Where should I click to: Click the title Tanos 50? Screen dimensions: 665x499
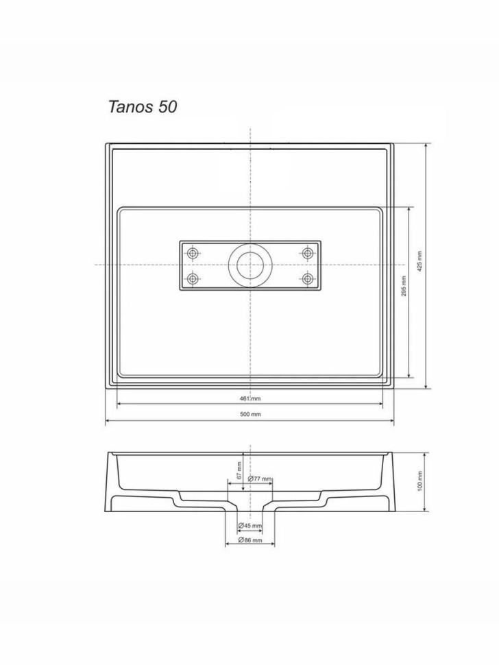coord(143,107)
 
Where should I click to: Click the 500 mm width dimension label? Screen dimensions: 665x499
coord(250,414)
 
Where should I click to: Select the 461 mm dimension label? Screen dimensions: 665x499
coord(250,398)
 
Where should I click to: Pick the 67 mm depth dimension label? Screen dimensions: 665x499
coord(239,470)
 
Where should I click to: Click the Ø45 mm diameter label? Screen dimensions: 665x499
coord(250,526)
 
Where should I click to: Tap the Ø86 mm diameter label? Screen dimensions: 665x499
coord(250,540)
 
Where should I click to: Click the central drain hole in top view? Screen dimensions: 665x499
coord(250,265)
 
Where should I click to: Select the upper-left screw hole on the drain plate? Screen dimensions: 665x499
coord(193,254)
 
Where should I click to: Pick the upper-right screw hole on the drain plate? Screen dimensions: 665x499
coord(308,254)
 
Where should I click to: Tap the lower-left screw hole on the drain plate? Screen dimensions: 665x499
coord(193,278)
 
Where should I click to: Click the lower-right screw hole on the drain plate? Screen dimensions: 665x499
coord(308,278)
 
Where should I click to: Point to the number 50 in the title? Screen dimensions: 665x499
coord(167,107)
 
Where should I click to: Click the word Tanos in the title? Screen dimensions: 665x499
coord(131,107)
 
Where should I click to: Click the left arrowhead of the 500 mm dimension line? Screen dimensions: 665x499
coord(108,421)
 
